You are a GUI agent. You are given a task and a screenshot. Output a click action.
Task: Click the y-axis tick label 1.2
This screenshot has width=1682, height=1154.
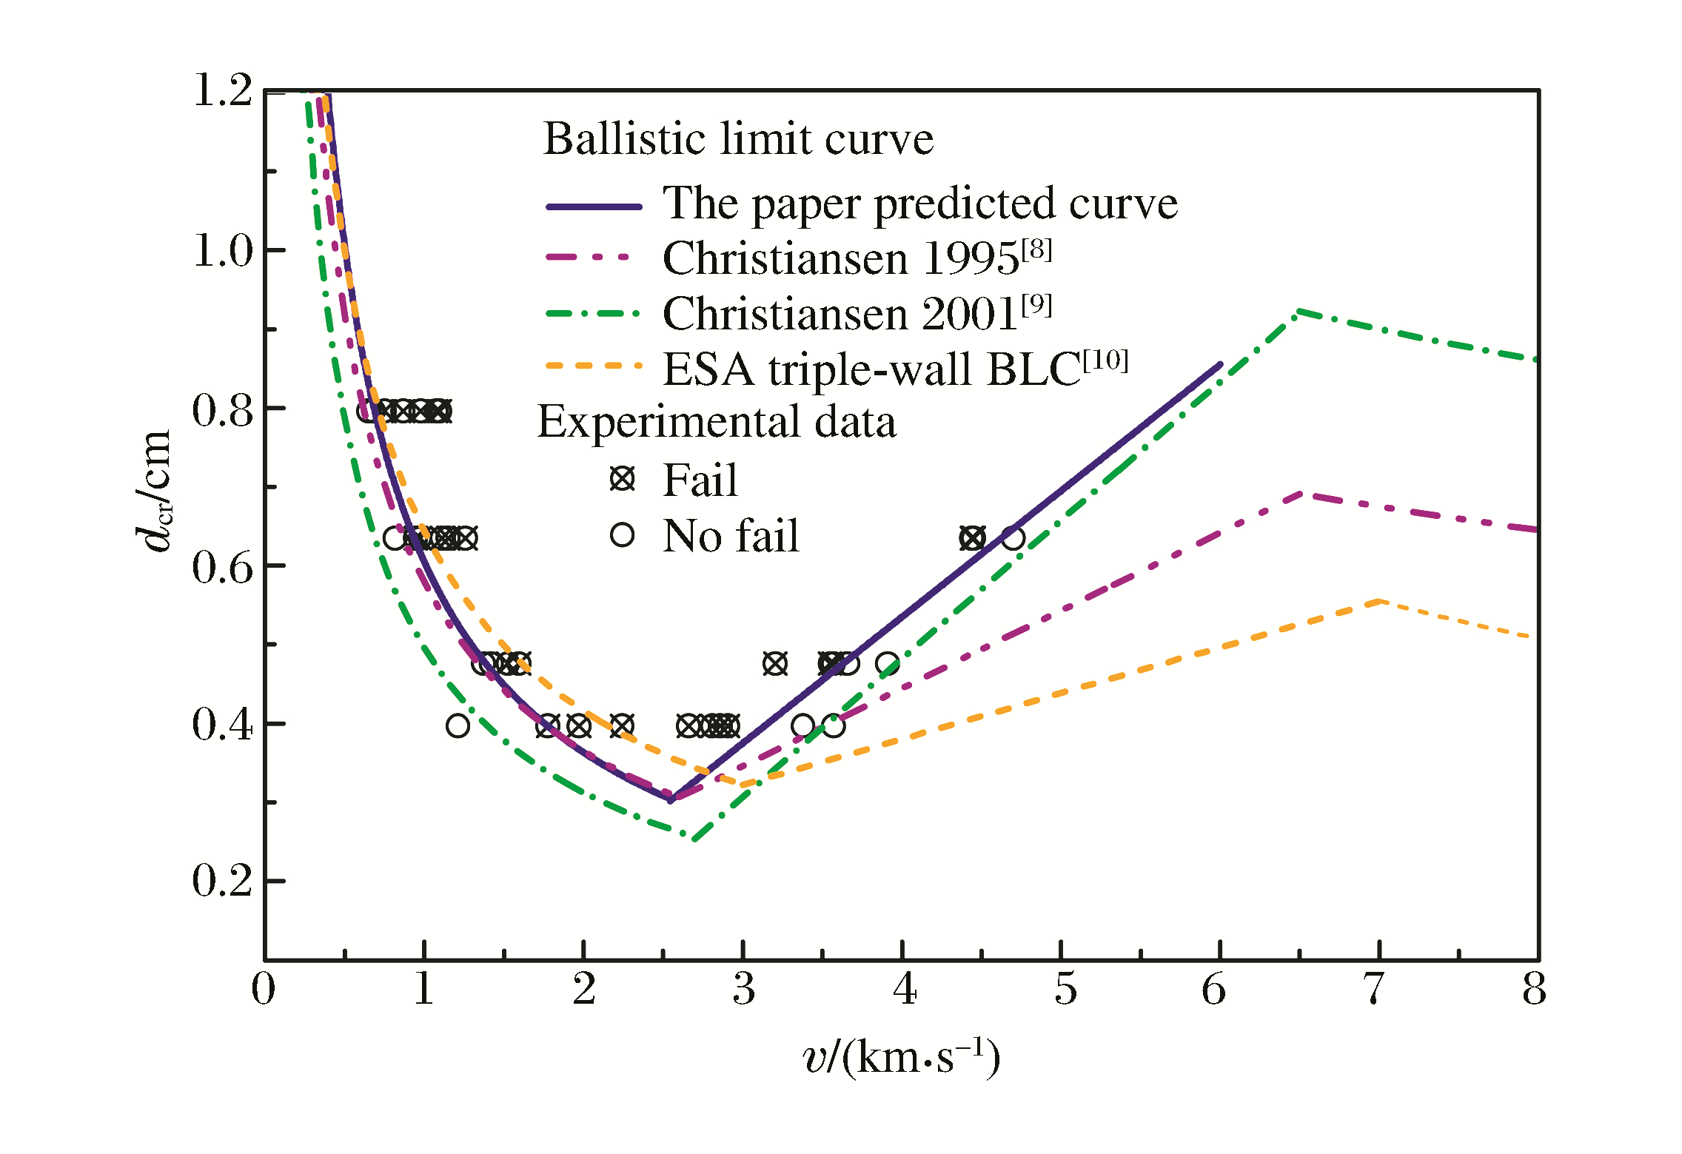(x=222, y=92)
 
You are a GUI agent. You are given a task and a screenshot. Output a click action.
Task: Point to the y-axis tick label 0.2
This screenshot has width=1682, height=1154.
(x=222, y=881)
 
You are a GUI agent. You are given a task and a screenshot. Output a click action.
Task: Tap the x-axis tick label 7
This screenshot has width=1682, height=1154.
(x=1374, y=989)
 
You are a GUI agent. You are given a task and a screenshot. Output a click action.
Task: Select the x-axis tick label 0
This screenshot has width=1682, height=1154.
(x=264, y=989)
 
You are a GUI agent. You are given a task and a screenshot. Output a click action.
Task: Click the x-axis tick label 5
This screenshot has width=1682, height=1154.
(x=1065, y=989)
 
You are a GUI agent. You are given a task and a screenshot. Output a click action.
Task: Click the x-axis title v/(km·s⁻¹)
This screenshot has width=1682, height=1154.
(x=901, y=1057)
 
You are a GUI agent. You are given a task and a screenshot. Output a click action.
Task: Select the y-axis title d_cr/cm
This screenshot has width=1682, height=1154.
(x=155, y=492)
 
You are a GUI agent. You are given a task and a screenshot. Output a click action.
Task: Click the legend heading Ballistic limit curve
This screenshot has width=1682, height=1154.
(x=738, y=139)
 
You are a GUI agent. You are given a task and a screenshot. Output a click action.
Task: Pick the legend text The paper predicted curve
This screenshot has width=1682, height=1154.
(x=919, y=204)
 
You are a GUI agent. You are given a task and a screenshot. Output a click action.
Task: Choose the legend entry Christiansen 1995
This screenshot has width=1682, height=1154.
(x=857, y=258)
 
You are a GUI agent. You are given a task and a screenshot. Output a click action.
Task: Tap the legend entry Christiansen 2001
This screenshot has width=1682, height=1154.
(x=857, y=314)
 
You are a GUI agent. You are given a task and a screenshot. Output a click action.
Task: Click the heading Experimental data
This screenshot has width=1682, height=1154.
(x=717, y=422)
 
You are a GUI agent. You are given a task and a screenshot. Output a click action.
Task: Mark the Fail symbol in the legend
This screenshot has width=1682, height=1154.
(x=623, y=479)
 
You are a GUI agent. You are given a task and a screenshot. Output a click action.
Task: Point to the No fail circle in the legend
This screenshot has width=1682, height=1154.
(x=623, y=534)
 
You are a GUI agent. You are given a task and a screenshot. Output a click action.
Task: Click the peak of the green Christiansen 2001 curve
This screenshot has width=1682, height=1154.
(x=1299, y=312)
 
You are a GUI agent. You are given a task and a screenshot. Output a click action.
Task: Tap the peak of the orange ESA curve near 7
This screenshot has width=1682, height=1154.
(x=1378, y=601)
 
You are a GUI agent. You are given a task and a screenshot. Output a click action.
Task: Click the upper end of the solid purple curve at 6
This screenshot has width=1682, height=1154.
(x=1220, y=364)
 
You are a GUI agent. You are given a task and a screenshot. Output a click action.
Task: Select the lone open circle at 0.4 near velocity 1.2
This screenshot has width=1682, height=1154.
(x=458, y=726)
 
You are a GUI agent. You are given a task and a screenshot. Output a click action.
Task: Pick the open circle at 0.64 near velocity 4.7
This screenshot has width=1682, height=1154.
(x=1013, y=538)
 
